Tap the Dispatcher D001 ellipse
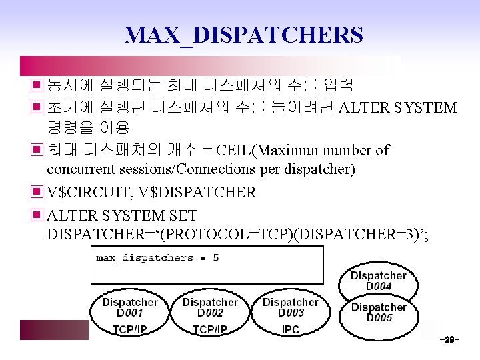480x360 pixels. click(129, 307)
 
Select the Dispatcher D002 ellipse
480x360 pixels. click(210, 307)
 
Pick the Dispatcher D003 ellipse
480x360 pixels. click(290, 307)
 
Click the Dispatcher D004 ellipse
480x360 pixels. click(378, 281)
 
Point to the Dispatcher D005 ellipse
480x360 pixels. click(379, 312)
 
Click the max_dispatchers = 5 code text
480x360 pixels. click(157, 257)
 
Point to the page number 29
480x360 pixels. click(449, 340)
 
